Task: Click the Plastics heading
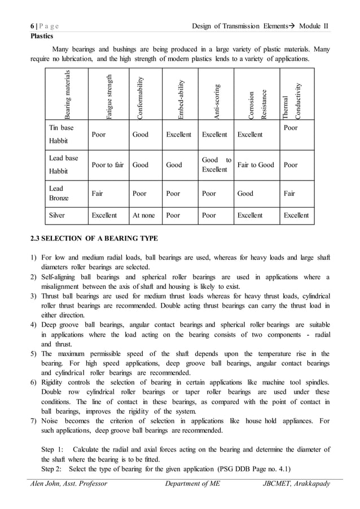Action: pyautogui.click(x=42, y=36)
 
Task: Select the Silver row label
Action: pyautogui.click(x=57, y=216)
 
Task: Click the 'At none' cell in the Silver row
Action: pyautogui.click(x=143, y=216)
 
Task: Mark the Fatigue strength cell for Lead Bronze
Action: pyautogui.click(x=97, y=193)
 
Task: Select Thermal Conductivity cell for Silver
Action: pyautogui.click(x=296, y=216)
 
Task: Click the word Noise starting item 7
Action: pyautogui.click(x=52, y=421)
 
